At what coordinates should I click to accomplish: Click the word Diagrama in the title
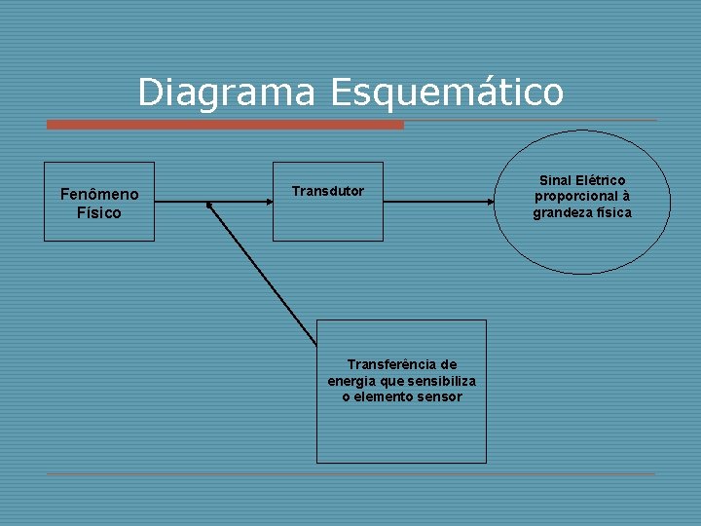pyautogui.click(x=227, y=93)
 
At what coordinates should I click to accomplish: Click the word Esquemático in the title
pyautogui.click(x=447, y=93)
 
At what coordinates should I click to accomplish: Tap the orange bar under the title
pyautogui.click(x=225, y=125)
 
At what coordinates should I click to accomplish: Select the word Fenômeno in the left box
pyautogui.click(x=99, y=195)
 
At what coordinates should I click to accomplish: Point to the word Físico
pyautogui.click(x=99, y=212)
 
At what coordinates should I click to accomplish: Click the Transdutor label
pyautogui.click(x=328, y=191)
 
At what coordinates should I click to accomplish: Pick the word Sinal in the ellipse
pyautogui.click(x=556, y=180)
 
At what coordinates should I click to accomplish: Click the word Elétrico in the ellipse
pyautogui.click(x=601, y=180)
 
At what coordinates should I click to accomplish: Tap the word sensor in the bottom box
pyautogui.click(x=440, y=396)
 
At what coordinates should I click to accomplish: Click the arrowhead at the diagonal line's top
pyautogui.click(x=209, y=206)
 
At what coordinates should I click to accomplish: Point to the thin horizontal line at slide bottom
pyautogui.click(x=350, y=474)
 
